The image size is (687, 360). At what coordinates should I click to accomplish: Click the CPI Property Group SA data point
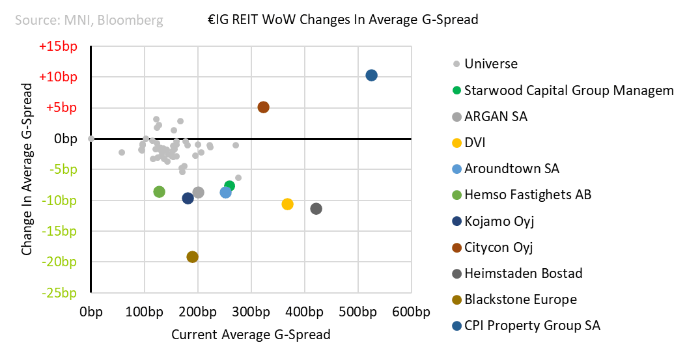[371, 76]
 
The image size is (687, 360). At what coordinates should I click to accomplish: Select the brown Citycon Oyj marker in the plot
[263, 107]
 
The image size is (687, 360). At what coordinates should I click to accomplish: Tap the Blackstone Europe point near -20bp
[192, 257]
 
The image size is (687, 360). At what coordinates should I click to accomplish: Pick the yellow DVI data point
[287, 204]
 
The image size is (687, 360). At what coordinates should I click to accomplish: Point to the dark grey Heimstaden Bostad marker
[316, 209]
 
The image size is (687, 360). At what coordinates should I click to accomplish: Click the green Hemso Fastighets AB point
[159, 192]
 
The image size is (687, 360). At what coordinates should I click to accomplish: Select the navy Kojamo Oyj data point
[188, 199]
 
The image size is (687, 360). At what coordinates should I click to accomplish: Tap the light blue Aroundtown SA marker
[226, 192]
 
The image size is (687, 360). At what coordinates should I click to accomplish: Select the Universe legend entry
[490, 64]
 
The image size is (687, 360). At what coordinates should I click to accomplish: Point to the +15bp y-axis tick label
[58, 46]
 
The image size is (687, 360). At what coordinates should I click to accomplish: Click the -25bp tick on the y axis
[60, 292]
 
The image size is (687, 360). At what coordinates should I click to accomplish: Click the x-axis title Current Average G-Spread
[251, 335]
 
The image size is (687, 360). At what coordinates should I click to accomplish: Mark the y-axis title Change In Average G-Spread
[27, 169]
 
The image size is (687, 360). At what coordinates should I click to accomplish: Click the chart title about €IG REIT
[339, 20]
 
